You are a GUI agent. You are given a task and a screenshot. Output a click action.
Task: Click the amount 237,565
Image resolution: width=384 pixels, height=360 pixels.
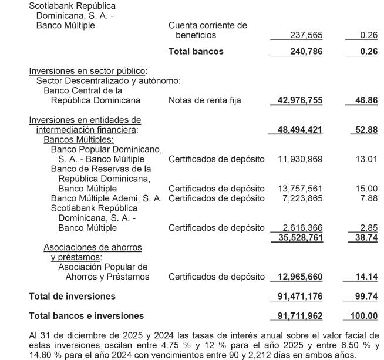306,36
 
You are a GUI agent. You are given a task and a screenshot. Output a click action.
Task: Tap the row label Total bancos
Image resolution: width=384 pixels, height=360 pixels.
196,52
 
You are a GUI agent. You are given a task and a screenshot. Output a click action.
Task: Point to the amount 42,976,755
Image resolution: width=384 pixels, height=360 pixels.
299,100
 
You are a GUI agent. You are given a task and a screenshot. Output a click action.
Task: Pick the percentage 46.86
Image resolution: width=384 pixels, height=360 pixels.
366,100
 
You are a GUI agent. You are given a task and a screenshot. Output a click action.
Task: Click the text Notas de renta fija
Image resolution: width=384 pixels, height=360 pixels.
204,100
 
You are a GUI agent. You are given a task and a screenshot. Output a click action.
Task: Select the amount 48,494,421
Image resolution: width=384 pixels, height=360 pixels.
299,129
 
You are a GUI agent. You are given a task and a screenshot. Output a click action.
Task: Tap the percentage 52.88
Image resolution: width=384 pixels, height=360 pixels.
366,129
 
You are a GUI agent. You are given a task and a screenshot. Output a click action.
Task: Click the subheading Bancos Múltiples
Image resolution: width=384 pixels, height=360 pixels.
78,140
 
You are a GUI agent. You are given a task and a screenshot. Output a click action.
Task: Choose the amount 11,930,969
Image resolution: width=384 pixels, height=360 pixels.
299,159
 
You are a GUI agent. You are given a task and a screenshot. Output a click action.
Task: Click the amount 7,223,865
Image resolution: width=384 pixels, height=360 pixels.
303,198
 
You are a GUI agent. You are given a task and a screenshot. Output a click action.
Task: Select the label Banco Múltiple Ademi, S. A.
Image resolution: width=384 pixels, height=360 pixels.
106,198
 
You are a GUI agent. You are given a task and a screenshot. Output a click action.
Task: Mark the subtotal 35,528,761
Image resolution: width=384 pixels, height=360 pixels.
299,237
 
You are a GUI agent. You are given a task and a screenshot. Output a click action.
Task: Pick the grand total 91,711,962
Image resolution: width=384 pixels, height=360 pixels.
299,317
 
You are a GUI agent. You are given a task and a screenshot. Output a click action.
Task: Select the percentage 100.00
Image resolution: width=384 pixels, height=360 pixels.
363,317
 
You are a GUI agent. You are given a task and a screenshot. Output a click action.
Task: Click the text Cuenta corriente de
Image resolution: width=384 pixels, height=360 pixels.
207,26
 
